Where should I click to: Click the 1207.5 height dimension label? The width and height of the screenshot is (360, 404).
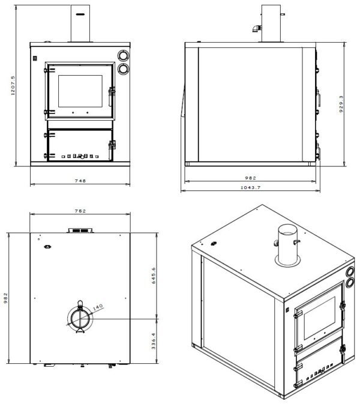(13, 85)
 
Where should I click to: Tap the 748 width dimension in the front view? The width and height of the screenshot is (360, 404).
(80, 181)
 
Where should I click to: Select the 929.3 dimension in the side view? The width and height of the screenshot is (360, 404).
(341, 104)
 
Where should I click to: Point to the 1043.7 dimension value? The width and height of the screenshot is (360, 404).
(250, 187)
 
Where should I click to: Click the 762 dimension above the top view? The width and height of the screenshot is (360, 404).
(80, 211)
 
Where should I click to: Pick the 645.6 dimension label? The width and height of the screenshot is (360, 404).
(154, 276)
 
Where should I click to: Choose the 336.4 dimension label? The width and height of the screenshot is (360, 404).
(154, 341)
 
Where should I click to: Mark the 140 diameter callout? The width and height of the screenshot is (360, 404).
(98, 307)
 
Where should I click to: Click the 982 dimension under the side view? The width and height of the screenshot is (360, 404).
(250, 178)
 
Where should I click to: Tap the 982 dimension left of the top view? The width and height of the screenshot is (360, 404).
(5, 298)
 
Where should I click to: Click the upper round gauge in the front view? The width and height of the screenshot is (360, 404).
(124, 56)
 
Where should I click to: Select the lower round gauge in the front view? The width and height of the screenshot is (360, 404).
(124, 69)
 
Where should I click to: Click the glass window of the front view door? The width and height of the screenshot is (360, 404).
(80, 91)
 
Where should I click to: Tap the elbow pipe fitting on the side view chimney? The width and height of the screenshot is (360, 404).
(256, 28)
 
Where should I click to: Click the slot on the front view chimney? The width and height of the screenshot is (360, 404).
(80, 14)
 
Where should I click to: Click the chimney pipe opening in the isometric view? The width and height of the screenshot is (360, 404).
(287, 229)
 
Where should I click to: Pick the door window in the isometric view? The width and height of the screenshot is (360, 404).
(320, 318)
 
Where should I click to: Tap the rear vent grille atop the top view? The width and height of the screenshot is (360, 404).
(80, 230)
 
